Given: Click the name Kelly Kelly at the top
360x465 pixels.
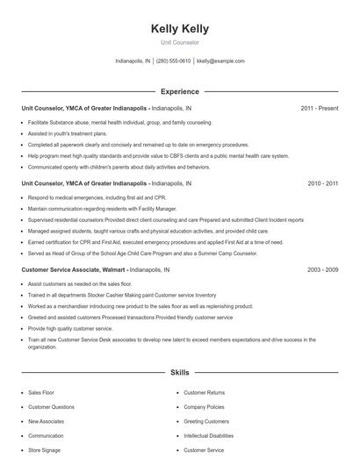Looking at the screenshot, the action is point(179,29).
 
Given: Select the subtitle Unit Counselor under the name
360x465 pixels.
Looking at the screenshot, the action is point(179,42).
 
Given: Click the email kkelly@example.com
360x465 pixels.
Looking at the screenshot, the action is point(220,61).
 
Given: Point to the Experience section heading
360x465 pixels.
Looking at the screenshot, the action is point(179,91).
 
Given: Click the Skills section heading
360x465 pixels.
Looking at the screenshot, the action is point(179,372).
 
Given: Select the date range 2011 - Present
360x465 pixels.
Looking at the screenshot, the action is point(319,108).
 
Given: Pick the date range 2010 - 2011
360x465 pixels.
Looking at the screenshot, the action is point(322,184).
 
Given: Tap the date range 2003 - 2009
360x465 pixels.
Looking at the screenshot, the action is point(322,271).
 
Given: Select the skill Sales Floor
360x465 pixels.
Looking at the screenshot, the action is point(41,392).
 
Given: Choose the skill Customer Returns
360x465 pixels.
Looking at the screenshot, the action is point(204,392).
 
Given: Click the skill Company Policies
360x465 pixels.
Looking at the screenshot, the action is point(204,407).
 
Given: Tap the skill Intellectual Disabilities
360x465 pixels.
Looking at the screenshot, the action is point(209,435).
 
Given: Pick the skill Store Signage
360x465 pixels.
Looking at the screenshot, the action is point(45,450).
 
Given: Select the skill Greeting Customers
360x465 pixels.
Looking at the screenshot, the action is point(205,421).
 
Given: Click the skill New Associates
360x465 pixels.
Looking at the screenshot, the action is point(47,421).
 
